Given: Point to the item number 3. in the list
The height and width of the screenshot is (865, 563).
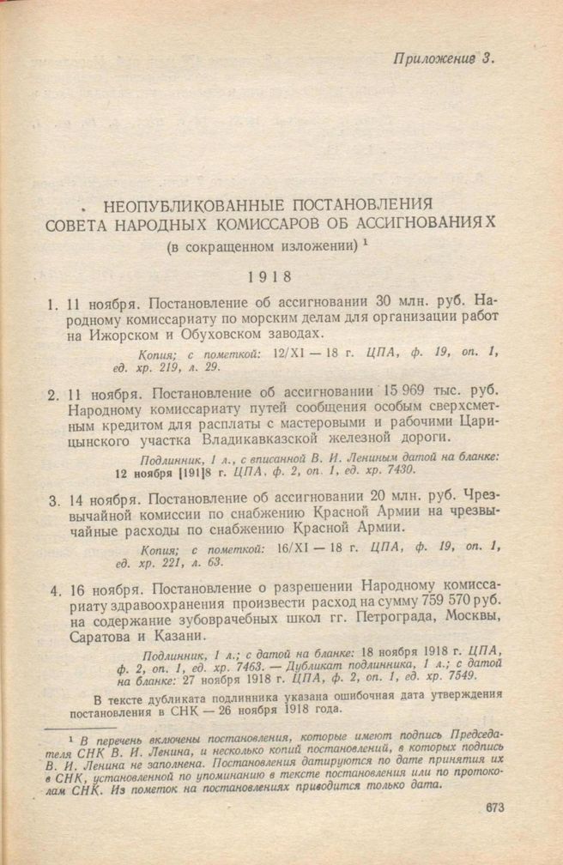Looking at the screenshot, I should click(x=53, y=498).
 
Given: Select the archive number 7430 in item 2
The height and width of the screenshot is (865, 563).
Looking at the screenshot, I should click(x=395, y=471).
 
